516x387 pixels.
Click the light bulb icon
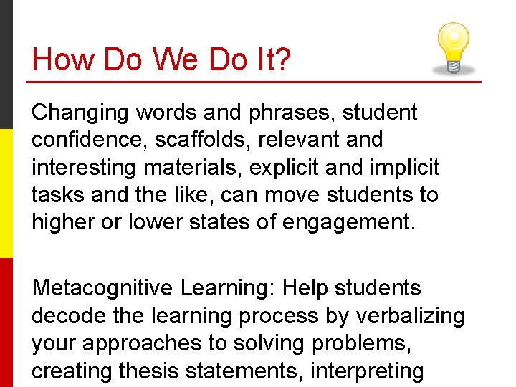click(452, 47)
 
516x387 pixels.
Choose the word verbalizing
click(408, 315)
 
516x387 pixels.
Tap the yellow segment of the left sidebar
click(6, 193)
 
